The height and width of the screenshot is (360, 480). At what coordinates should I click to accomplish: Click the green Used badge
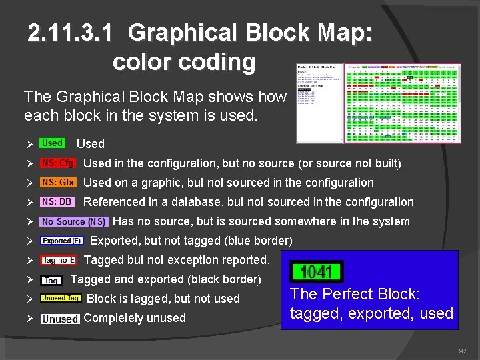tap(52, 143)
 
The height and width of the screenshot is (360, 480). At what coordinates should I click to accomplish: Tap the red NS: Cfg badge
tap(58, 163)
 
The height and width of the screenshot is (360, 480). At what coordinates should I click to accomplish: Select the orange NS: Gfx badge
tap(58, 183)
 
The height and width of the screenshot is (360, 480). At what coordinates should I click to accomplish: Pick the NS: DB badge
tap(57, 202)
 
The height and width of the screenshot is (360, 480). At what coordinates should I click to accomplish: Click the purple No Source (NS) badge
tap(74, 221)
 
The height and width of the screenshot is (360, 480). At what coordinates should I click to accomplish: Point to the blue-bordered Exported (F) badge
tap(61, 241)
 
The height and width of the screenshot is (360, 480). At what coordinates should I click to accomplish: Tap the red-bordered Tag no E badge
tap(59, 260)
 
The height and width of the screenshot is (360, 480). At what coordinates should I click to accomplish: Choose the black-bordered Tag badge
tap(52, 281)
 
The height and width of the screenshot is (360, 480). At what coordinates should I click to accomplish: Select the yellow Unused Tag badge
tap(61, 298)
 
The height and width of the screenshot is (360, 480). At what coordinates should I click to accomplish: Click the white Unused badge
tap(61, 319)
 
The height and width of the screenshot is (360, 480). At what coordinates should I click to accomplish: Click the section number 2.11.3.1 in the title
tap(73, 33)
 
